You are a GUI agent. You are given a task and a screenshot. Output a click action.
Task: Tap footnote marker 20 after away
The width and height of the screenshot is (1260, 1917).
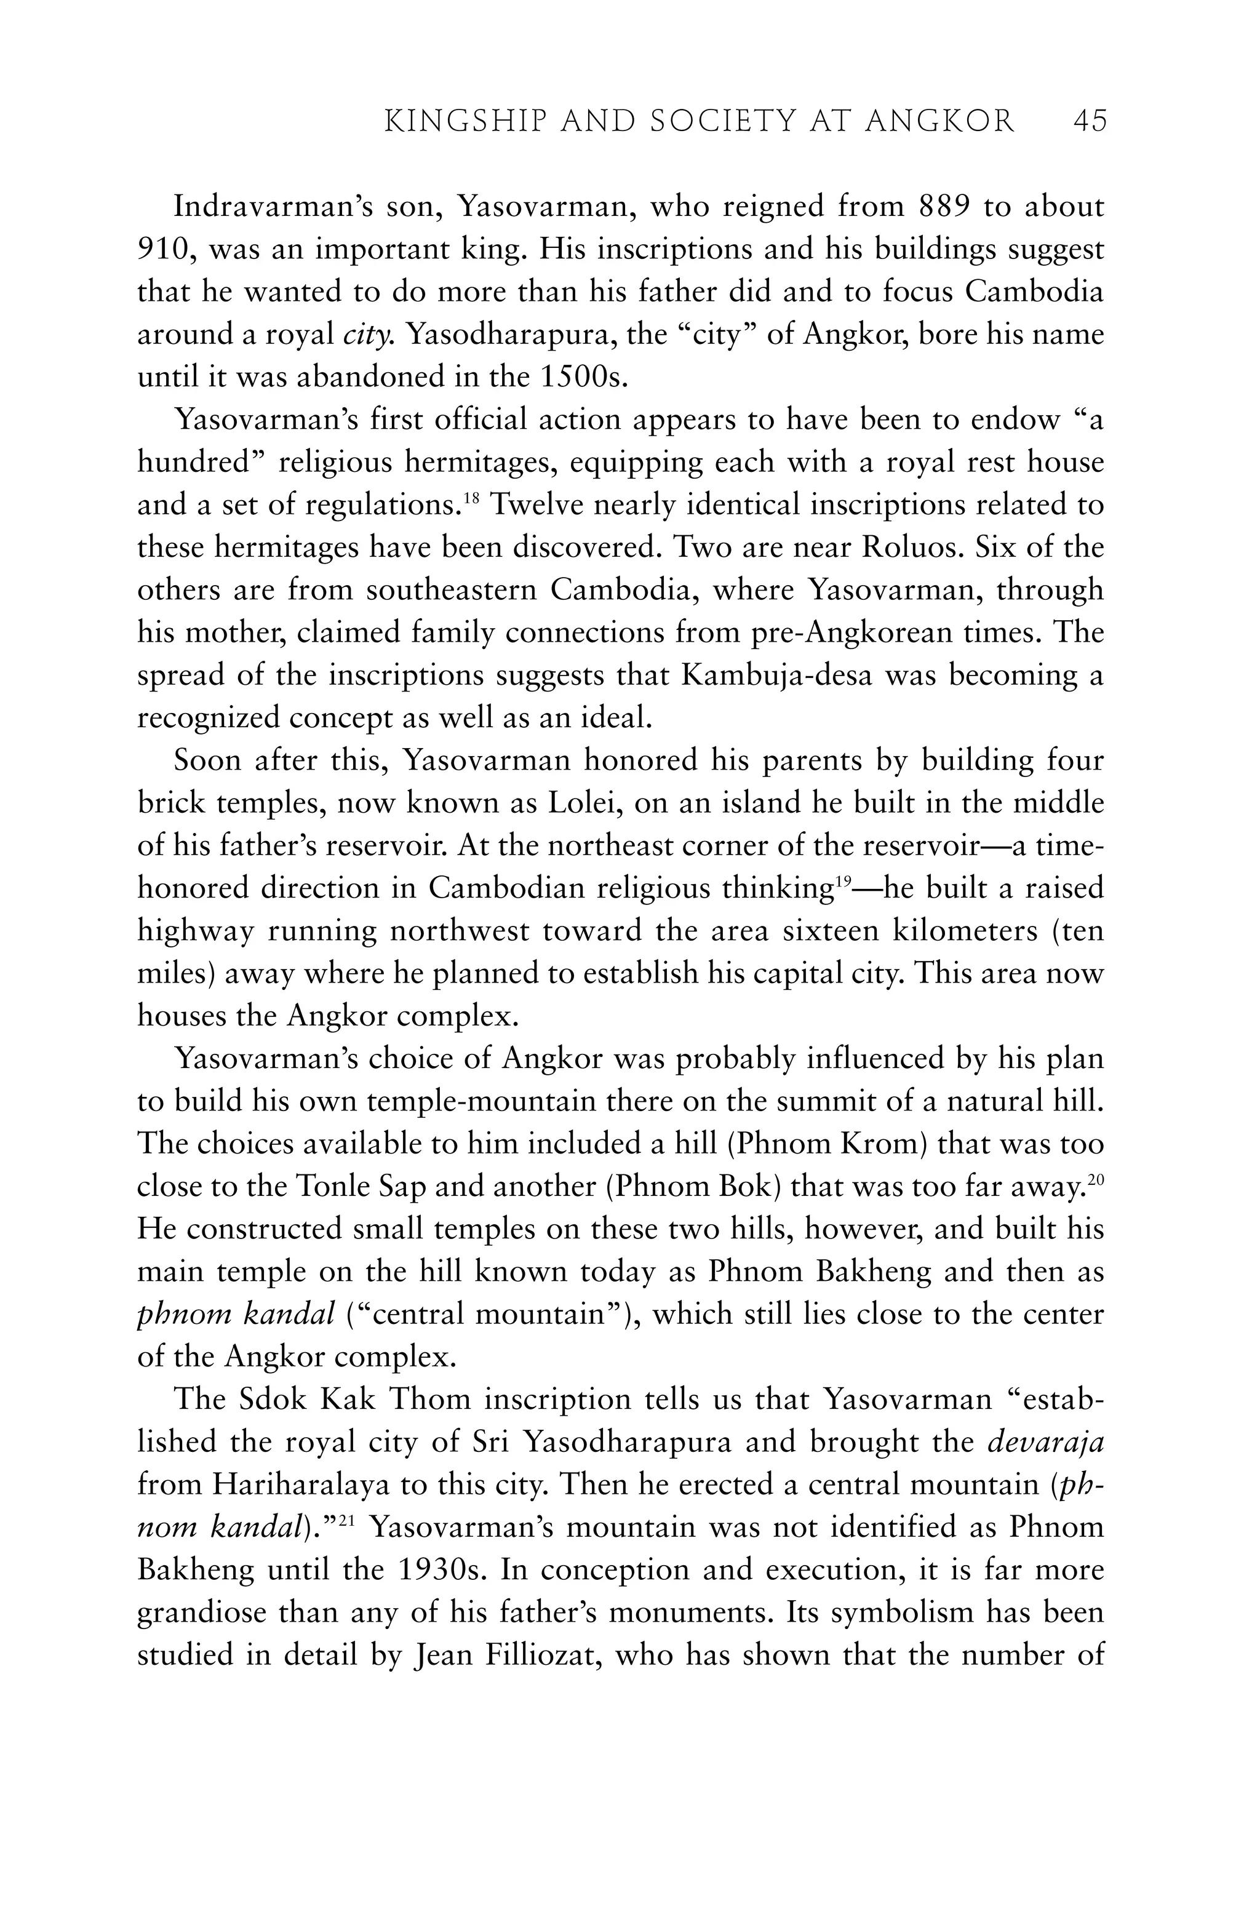[1095, 1180]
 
